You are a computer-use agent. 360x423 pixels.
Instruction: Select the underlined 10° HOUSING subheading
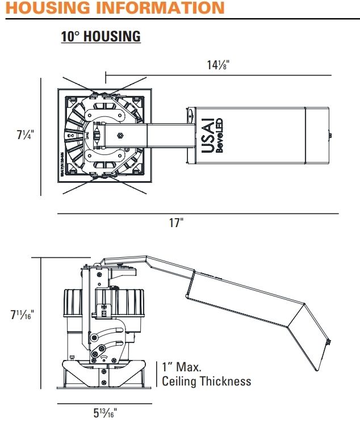tap(101, 37)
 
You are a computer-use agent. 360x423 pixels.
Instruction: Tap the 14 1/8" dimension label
tap(218, 64)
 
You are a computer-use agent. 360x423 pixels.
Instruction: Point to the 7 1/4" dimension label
tap(26, 135)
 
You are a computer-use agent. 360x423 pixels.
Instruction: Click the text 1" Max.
tap(182, 367)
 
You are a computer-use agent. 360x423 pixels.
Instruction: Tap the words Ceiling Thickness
tap(206, 381)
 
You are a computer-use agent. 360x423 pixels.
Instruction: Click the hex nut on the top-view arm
tap(119, 136)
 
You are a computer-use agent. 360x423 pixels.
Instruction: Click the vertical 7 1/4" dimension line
tap(41, 136)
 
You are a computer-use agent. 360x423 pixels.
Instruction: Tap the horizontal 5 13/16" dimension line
tap(105, 404)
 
